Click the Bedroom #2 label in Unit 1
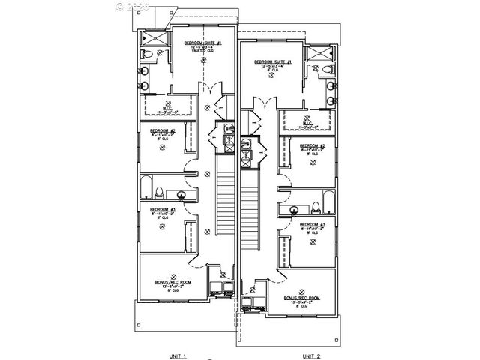click(162, 131)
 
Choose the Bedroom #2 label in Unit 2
click(312, 145)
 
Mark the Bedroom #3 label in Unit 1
click(162, 210)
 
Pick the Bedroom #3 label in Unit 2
click(312, 224)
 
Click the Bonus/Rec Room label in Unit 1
click(173, 282)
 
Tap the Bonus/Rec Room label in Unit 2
click(301, 298)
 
